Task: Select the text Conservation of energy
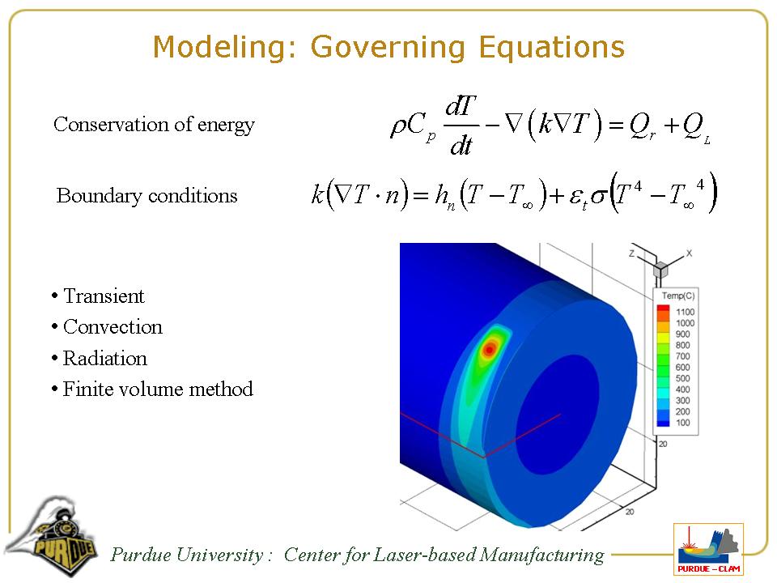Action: [154, 125]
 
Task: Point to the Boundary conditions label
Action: [146, 196]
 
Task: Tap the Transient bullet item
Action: [104, 296]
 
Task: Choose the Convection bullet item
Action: [113, 326]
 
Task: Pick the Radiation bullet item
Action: [105, 359]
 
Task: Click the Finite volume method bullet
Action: [158, 389]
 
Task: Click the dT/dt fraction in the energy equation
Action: [461, 126]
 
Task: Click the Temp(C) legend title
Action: [678, 296]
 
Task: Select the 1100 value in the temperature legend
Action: [685, 312]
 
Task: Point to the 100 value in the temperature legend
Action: [683, 423]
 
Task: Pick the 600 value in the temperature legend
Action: [683, 368]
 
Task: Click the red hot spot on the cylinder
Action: [490, 350]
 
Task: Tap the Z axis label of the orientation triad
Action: [631, 253]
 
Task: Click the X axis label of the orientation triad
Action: [689, 253]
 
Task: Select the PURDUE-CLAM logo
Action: [709, 549]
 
